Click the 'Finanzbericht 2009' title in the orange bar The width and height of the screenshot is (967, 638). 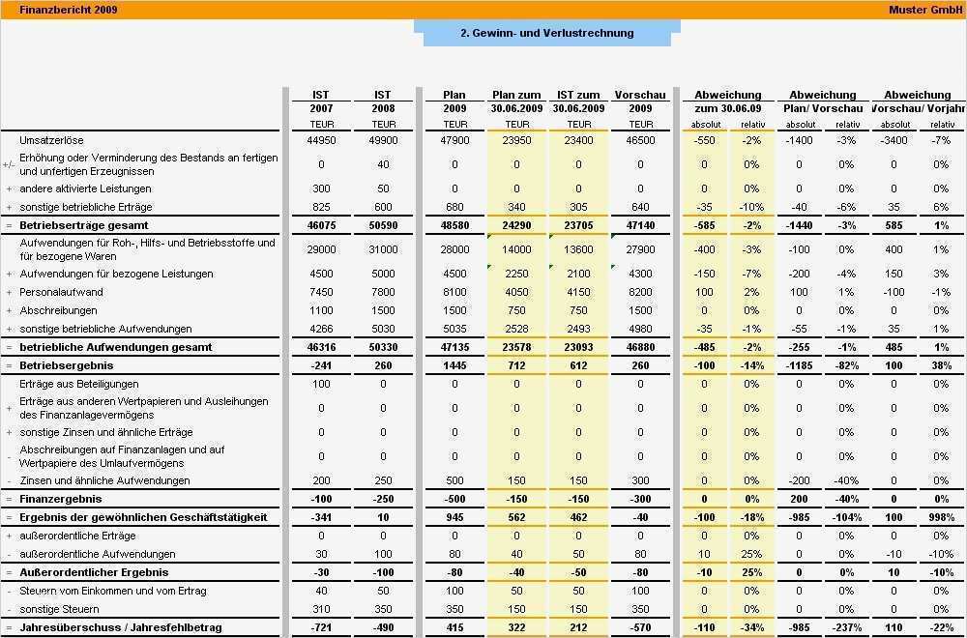coord(55,10)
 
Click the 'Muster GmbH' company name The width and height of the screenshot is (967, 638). coord(925,10)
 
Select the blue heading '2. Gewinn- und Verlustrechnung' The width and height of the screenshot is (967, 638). coord(546,33)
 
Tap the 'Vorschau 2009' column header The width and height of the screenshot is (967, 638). coord(640,101)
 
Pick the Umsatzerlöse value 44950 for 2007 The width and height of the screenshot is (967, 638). coord(321,140)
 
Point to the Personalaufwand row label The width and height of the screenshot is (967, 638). coord(61,292)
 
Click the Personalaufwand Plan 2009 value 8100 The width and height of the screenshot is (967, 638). coord(454,292)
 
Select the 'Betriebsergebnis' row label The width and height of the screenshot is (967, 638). coord(67,366)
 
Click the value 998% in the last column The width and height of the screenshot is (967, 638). coord(940,517)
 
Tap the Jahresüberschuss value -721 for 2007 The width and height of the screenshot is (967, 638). coord(321,627)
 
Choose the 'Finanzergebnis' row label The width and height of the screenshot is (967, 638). coord(61,499)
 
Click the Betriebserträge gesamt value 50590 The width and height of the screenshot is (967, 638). coord(383,225)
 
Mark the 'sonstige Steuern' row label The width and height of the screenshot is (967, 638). coord(59,609)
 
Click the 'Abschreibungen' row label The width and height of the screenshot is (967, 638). coord(58,310)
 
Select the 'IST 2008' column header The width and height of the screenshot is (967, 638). coord(383,101)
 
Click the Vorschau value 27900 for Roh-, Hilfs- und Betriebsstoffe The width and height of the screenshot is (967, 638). coord(640,249)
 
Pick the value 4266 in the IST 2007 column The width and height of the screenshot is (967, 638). coord(321,329)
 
